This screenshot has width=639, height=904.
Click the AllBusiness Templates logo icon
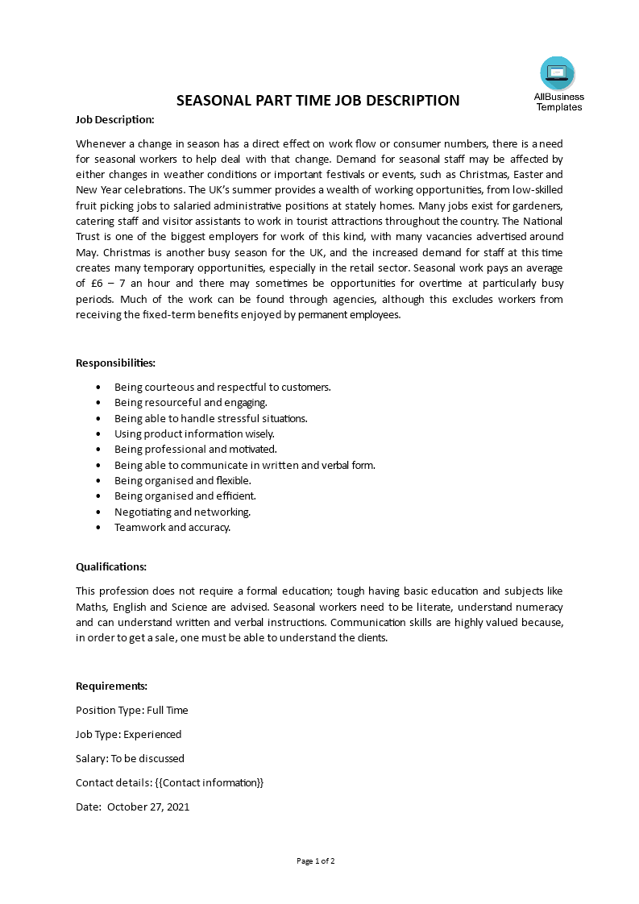pos(558,73)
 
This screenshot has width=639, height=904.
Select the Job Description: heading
pos(114,119)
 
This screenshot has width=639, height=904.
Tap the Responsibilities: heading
pos(115,363)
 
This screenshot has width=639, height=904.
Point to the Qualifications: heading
pos(111,566)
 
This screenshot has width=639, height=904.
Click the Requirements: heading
pos(111,686)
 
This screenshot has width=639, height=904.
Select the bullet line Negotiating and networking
pos(182,512)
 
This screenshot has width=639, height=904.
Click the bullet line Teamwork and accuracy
pos(172,528)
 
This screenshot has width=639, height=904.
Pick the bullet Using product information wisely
pos(194,433)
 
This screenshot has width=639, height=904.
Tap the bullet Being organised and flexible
pos(182,480)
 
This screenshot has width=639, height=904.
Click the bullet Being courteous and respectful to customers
pos(222,387)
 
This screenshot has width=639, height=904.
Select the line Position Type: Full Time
pos(131,710)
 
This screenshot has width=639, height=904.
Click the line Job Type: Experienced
pos(128,734)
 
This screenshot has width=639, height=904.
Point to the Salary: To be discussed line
pos(130,758)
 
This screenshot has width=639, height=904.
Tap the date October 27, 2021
pos(148,807)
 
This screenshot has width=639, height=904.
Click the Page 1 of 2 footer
pos(316,860)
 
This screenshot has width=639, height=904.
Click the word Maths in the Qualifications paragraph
pos(91,607)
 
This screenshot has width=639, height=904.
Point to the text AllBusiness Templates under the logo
pos(558,102)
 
